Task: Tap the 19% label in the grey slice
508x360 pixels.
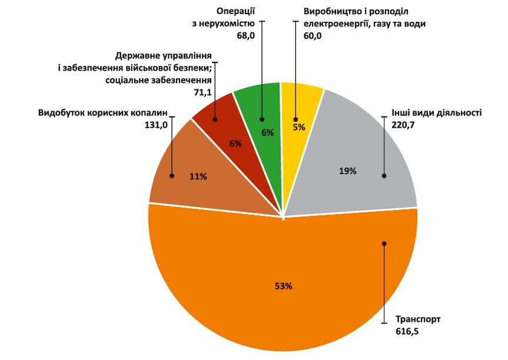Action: click(348, 171)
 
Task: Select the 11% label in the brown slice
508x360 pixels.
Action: click(198, 176)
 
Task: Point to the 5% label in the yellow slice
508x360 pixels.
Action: click(298, 126)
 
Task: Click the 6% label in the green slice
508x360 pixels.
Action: click(267, 132)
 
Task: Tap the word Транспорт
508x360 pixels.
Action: click(418, 320)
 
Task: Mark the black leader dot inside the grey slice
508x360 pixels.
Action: click(384, 175)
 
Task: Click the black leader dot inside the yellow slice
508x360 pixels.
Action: click(294, 119)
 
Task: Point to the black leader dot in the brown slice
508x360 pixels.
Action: click(172, 175)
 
